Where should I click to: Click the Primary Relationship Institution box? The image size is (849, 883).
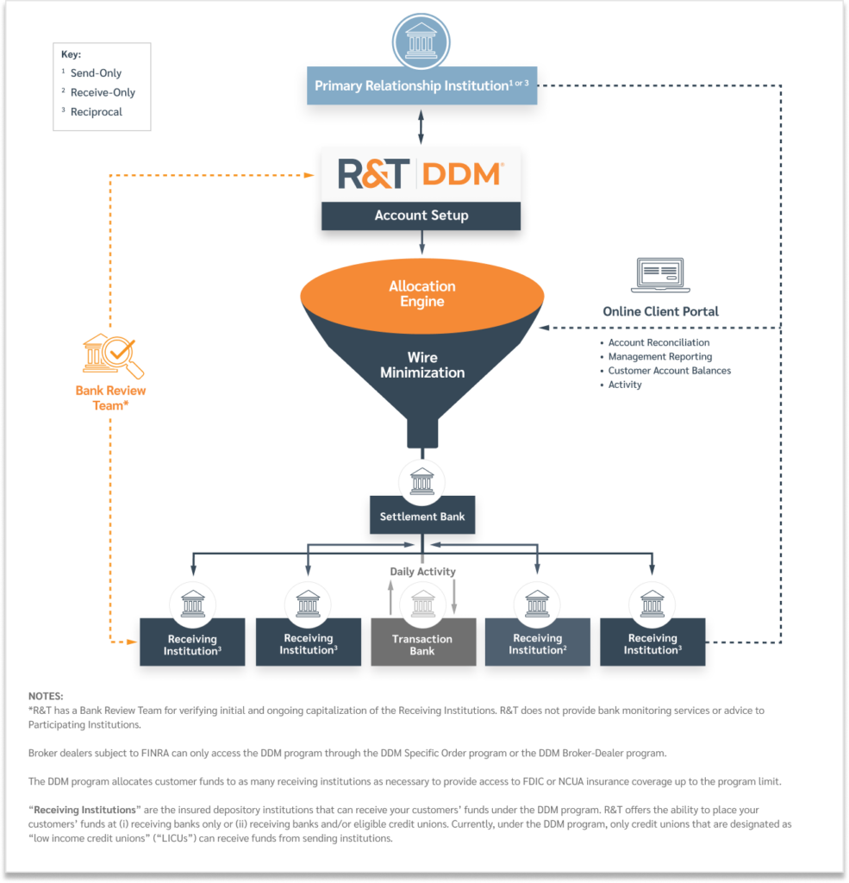pos(421,86)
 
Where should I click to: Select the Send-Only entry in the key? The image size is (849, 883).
pos(96,73)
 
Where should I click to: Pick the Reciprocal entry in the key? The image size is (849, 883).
pos(96,111)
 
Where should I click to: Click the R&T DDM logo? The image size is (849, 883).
pos(421,174)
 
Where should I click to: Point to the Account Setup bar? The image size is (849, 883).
pos(421,216)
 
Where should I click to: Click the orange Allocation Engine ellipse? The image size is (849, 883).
pos(421,294)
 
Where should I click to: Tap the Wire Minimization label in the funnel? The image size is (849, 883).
pos(422,365)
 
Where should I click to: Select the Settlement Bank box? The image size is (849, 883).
pos(421,517)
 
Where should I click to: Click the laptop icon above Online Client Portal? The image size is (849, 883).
pos(657,275)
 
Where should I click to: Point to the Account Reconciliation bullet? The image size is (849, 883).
pos(659,342)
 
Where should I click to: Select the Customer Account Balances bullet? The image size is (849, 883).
pos(669,371)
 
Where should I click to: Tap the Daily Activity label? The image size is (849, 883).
pos(422,572)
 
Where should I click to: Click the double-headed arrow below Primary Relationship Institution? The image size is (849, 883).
pos(421,126)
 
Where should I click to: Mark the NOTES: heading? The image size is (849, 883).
pos(46,696)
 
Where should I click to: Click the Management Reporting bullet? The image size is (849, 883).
pos(659,356)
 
